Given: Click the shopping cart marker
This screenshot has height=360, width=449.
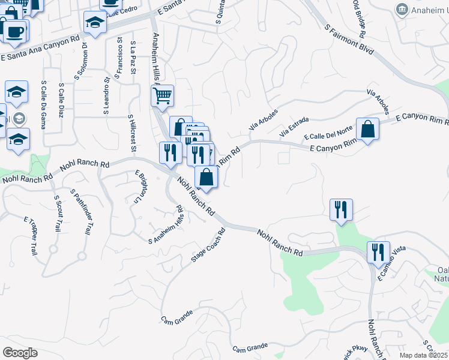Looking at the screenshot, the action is click(x=162, y=96).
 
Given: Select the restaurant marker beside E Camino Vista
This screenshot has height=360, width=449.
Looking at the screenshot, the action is click(x=378, y=252).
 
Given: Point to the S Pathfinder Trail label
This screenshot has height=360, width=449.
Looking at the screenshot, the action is click(x=82, y=212).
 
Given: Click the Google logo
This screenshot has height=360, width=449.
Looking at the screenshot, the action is click(x=20, y=353).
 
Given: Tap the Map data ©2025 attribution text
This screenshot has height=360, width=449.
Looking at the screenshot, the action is click(x=424, y=355).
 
